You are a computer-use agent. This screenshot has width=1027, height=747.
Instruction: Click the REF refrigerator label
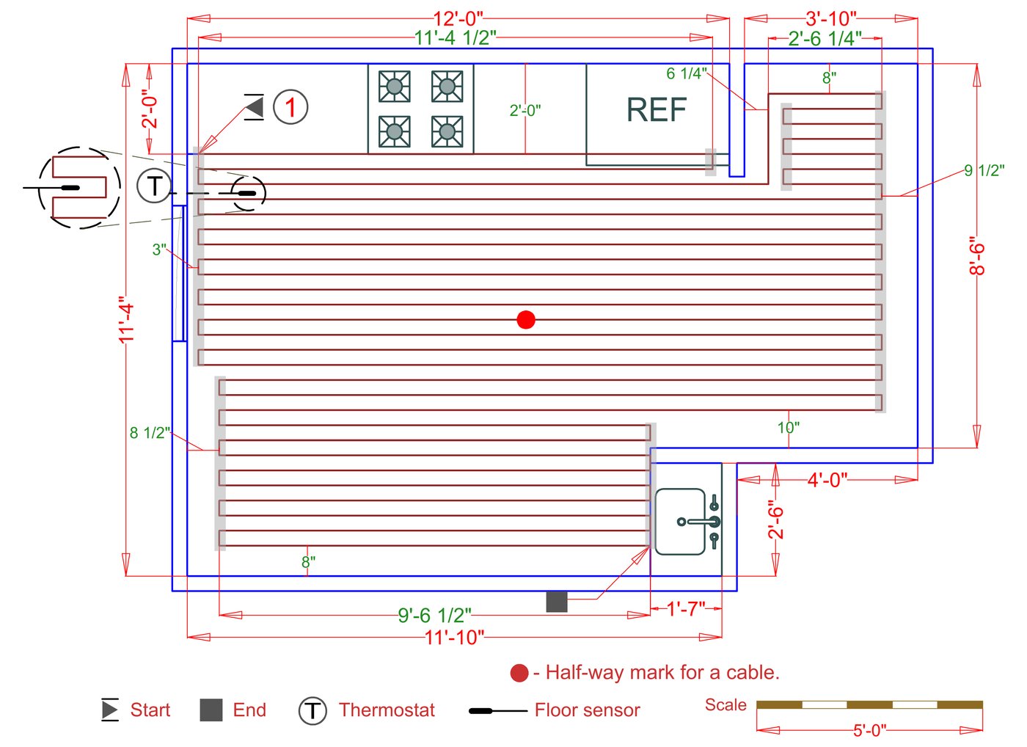(656, 110)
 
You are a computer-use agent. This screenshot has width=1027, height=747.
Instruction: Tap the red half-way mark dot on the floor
(525, 320)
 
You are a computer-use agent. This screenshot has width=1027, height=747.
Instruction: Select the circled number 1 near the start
(290, 107)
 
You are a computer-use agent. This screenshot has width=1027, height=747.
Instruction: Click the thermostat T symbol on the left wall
(154, 186)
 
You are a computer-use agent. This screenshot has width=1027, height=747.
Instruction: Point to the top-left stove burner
(394, 87)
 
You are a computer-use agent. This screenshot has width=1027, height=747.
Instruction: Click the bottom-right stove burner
(447, 131)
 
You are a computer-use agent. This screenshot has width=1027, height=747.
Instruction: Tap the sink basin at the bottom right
(680, 521)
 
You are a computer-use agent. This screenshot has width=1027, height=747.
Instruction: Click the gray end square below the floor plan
(557, 602)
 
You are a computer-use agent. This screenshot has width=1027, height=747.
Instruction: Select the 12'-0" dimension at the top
(458, 18)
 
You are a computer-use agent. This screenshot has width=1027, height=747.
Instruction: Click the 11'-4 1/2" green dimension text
(455, 37)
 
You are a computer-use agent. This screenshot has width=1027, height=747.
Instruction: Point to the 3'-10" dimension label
(830, 18)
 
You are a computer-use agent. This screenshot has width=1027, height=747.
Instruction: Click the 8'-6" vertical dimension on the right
(977, 255)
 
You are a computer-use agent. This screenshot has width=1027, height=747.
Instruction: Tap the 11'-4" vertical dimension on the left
(127, 319)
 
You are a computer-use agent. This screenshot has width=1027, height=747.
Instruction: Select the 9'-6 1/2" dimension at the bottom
(434, 615)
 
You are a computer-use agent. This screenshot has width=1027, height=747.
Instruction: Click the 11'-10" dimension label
(454, 637)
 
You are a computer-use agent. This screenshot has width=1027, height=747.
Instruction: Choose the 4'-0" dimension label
(827, 480)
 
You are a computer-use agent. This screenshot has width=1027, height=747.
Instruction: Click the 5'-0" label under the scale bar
(869, 730)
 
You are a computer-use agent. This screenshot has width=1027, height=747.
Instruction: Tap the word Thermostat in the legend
(387, 710)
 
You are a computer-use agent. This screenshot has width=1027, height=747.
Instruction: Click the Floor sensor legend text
(587, 710)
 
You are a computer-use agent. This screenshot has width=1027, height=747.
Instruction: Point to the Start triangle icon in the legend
(110, 710)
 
